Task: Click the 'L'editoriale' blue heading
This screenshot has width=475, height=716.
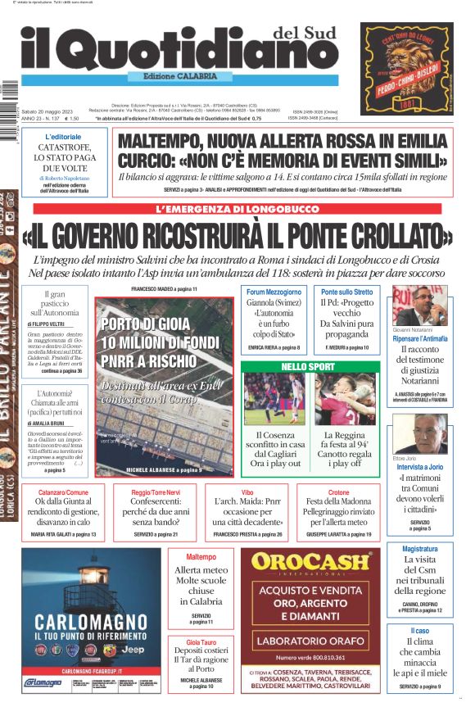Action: (63, 137)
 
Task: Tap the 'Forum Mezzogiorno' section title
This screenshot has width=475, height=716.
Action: (274, 292)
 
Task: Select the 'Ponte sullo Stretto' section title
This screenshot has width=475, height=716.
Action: (346, 292)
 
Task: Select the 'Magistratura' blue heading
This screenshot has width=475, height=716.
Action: (419, 549)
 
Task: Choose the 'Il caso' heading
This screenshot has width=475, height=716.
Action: (419, 631)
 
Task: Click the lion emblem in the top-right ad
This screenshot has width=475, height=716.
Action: (406, 58)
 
